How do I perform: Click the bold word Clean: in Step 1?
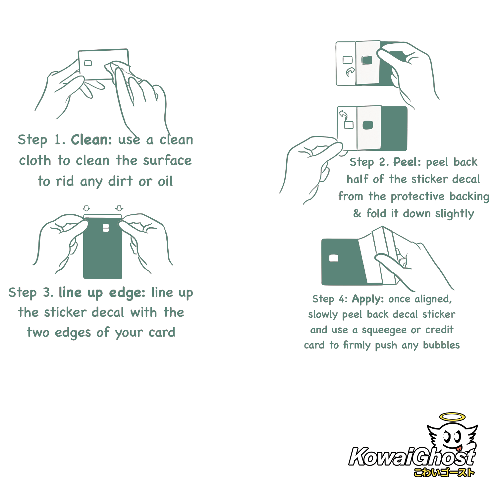[x=92, y=140]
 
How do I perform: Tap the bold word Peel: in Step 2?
[x=407, y=162]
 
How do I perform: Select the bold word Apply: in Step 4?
[x=368, y=300]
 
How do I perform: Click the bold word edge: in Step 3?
[x=127, y=293]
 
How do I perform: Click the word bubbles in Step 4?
[x=441, y=345]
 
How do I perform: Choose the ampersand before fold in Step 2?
[x=357, y=213]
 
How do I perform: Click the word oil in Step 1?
[x=165, y=181]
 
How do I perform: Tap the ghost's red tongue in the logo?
[x=458, y=448]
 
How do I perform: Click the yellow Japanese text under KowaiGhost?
[x=444, y=472]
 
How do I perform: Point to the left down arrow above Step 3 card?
[x=86, y=208]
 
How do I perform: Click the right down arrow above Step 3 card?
[x=119, y=208]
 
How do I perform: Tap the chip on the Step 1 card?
[x=88, y=63]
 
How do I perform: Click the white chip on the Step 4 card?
[x=334, y=258]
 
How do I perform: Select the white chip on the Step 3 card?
[x=106, y=228]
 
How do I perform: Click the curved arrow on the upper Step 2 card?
[x=350, y=71]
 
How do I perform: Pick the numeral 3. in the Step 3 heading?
[x=48, y=293]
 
